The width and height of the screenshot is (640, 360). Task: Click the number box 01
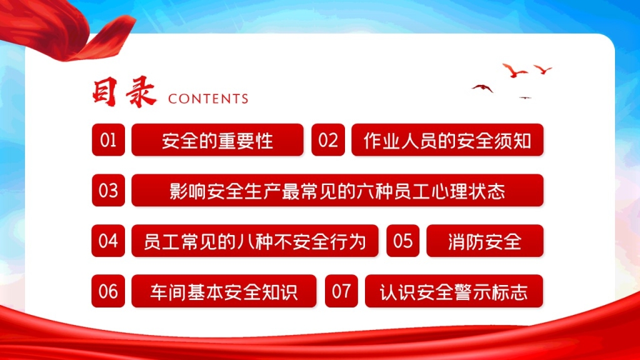(x=108, y=139)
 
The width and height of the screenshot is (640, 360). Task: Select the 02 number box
(x=328, y=139)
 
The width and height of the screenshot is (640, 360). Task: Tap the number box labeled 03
(x=108, y=190)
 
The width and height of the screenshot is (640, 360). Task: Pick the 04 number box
(x=108, y=241)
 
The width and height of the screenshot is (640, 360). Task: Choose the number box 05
(x=403, y=241)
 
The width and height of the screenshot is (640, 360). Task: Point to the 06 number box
(x=108, y=291)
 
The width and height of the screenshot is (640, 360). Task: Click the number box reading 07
(x=341, y=291)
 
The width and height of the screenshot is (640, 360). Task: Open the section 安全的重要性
(x=217, y=139)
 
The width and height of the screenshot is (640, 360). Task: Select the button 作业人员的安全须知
(x=447, y=139)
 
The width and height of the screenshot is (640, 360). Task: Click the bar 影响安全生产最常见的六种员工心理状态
(x=337, y=190)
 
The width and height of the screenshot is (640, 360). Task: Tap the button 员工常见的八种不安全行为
(x=255, y=241)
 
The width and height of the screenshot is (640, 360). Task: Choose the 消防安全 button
(x=485, y=241)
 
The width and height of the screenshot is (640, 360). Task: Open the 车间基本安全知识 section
(x=224, y=291)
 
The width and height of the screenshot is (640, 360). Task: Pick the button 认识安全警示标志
(x=454, y=291)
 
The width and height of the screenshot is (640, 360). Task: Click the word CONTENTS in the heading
(x=208, y=99)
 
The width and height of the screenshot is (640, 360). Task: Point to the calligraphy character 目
(x=105, y=92)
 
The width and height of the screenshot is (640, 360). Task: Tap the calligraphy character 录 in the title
(x=141, y=92)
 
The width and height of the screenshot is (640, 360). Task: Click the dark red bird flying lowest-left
(x=483, y=87)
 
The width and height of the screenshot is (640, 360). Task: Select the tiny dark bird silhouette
(x=525, y=98)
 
